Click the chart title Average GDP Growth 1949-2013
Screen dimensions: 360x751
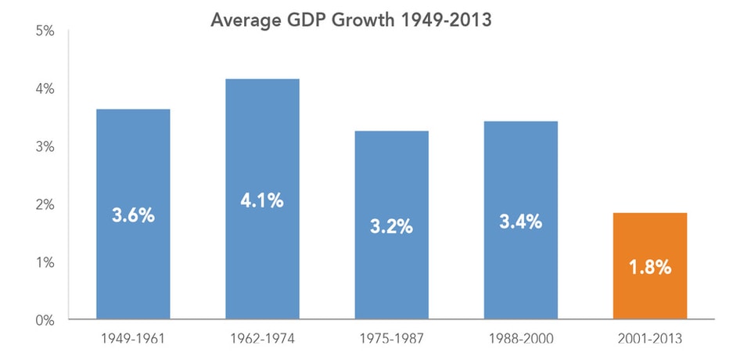coord(350,20)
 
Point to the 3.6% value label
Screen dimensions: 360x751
coord(133,215)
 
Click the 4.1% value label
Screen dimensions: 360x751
coord(262,200)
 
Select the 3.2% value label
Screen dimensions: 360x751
coord(391,227)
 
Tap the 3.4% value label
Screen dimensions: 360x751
coord(520,221)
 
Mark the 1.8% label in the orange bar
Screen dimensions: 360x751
coord(649,268)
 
